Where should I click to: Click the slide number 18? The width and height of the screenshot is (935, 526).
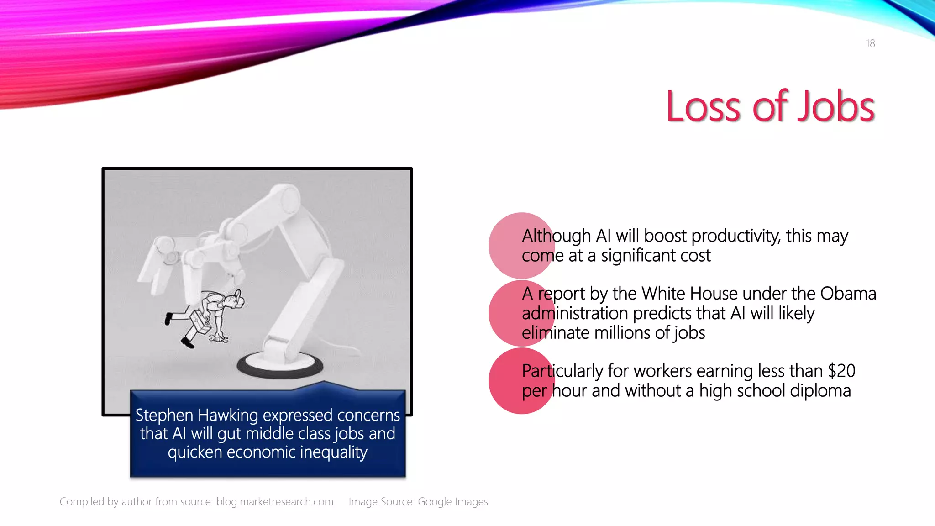[x=870, y=43]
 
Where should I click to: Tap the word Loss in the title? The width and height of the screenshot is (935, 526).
[x=703, y=107]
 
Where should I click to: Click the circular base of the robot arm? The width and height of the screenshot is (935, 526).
[x=280, y=365]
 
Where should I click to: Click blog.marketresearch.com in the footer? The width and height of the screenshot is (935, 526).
[x=275, y=502]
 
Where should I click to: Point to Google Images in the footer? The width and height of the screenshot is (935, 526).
[x=453, y=502]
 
